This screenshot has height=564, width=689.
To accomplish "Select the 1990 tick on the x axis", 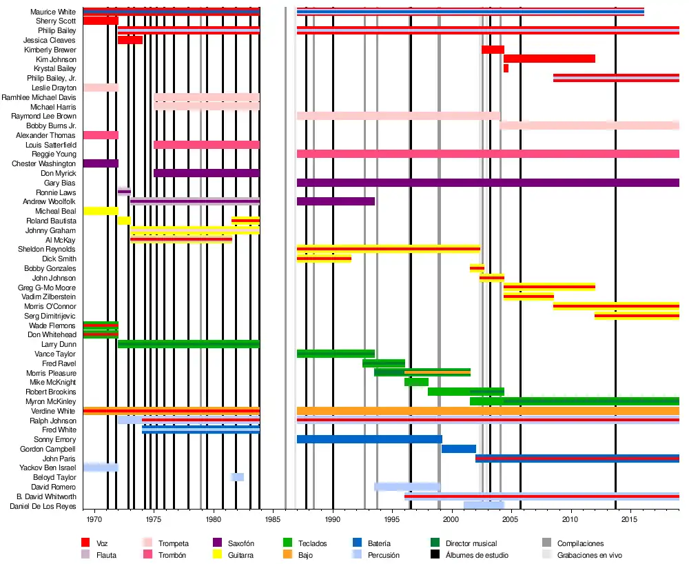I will coord(333,518).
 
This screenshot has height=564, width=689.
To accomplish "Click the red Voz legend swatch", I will coord(86,543).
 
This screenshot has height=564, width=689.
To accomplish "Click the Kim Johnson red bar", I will coord(549,59).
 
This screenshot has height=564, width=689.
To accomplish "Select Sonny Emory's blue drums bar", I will coord(369,439).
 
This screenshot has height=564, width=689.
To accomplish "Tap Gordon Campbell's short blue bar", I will coord(458,449).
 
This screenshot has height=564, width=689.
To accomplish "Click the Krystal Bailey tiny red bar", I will coord(506,68).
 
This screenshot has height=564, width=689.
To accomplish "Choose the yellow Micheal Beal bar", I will coord(101,211).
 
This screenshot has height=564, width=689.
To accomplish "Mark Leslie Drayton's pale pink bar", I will coord(101,88).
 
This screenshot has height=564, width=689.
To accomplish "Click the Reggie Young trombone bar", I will coord(488,154).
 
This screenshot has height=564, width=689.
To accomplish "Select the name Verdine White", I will coord(53,411).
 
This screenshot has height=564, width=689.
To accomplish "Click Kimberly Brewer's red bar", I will coord(493,50).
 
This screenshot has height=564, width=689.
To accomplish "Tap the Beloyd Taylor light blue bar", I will coord(237,477).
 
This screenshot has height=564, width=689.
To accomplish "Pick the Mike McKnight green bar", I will coord(416,382).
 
